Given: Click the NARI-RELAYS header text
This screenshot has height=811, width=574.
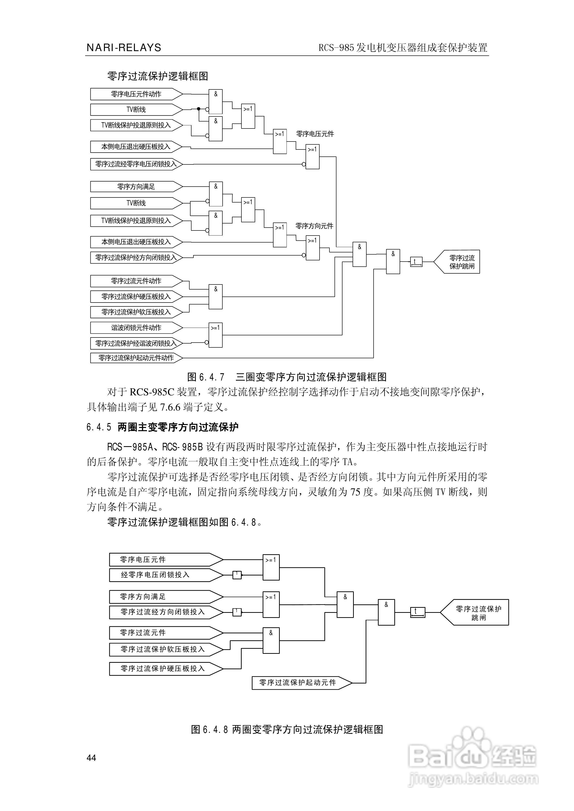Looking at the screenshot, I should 124,48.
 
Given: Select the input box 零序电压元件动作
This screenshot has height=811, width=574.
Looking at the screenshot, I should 136,94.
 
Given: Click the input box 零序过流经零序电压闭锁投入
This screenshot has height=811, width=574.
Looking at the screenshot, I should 136,164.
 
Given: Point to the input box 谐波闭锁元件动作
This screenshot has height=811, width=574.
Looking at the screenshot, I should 136,328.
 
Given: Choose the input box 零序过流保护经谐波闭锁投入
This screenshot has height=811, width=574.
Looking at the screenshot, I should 136,343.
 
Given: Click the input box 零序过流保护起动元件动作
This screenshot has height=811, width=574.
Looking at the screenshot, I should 136,358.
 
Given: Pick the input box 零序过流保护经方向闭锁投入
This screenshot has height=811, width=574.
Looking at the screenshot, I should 136,257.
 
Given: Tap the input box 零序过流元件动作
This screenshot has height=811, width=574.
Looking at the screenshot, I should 136,281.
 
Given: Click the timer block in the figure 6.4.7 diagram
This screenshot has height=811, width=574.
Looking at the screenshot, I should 416,262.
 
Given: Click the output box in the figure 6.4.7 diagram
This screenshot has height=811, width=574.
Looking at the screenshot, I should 459,262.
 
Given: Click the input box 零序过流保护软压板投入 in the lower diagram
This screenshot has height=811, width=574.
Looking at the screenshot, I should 163,649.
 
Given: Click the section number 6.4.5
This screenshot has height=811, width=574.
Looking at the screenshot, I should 99,427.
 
